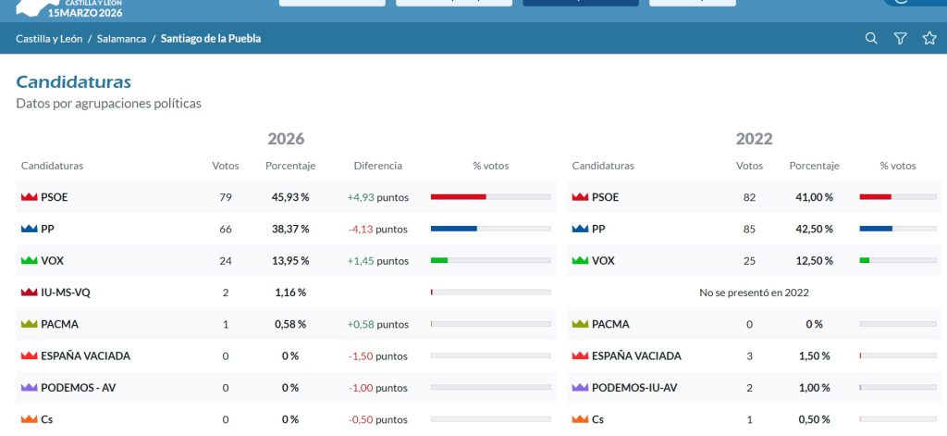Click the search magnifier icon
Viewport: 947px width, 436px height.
click(871, 38)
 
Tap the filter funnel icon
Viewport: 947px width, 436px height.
click(900, 39)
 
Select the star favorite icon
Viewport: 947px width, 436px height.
click(929, 38)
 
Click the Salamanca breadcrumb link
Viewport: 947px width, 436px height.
click(121, 39)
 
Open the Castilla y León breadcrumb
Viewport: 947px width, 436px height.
click(49, 39)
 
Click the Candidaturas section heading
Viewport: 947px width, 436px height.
click(74, 81)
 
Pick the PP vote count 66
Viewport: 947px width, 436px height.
click(226, 230)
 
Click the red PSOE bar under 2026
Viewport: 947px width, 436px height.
click(459, 196)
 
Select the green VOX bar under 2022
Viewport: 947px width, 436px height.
click(865, 260)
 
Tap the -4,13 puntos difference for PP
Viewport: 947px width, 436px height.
click(378, 230)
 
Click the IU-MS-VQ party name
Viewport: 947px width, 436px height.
click(66, 293)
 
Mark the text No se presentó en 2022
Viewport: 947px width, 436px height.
click(754, 293)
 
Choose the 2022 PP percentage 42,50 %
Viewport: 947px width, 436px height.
click(814, 230)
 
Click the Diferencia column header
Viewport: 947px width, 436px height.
click(378, 166)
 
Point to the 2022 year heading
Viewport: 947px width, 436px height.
click(754, 139)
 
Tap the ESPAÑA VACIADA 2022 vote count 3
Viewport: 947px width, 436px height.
click(749, 356)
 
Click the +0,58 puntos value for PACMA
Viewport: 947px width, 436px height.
click(378, 324)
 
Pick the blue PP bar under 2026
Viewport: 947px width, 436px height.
click(453, 229)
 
